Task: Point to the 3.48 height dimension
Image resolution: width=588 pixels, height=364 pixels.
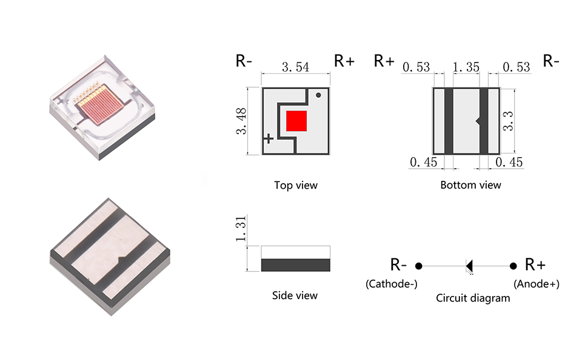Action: click(241, 122)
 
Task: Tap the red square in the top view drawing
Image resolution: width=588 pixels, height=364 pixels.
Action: click(296, 120)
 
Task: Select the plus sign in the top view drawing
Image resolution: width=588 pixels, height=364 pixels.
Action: click(269, 139)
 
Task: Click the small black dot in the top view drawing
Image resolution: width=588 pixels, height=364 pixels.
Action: click(318, 95)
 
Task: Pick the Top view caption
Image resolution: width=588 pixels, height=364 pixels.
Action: click(295, 185)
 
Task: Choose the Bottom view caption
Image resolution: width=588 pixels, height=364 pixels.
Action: click(470, 184)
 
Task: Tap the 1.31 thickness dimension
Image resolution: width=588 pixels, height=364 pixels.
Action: click(241, 231)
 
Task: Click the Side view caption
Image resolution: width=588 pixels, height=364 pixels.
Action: click(295, 295)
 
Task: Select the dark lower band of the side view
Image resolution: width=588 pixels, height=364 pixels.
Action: click(295, 265)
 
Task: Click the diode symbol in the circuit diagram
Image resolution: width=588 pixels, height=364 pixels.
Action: click(469, 265)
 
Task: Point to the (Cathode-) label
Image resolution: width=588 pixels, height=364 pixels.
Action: click(391, 284)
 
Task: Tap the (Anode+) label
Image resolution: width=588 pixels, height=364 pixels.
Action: click(536, 284)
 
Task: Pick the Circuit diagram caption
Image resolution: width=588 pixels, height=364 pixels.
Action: click(473, 298)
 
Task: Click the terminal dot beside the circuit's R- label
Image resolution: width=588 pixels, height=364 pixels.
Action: click(419, 266)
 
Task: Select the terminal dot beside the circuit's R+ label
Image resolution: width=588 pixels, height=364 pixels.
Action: click(513, 266)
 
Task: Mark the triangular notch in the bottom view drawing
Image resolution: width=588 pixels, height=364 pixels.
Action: click(478, 121)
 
